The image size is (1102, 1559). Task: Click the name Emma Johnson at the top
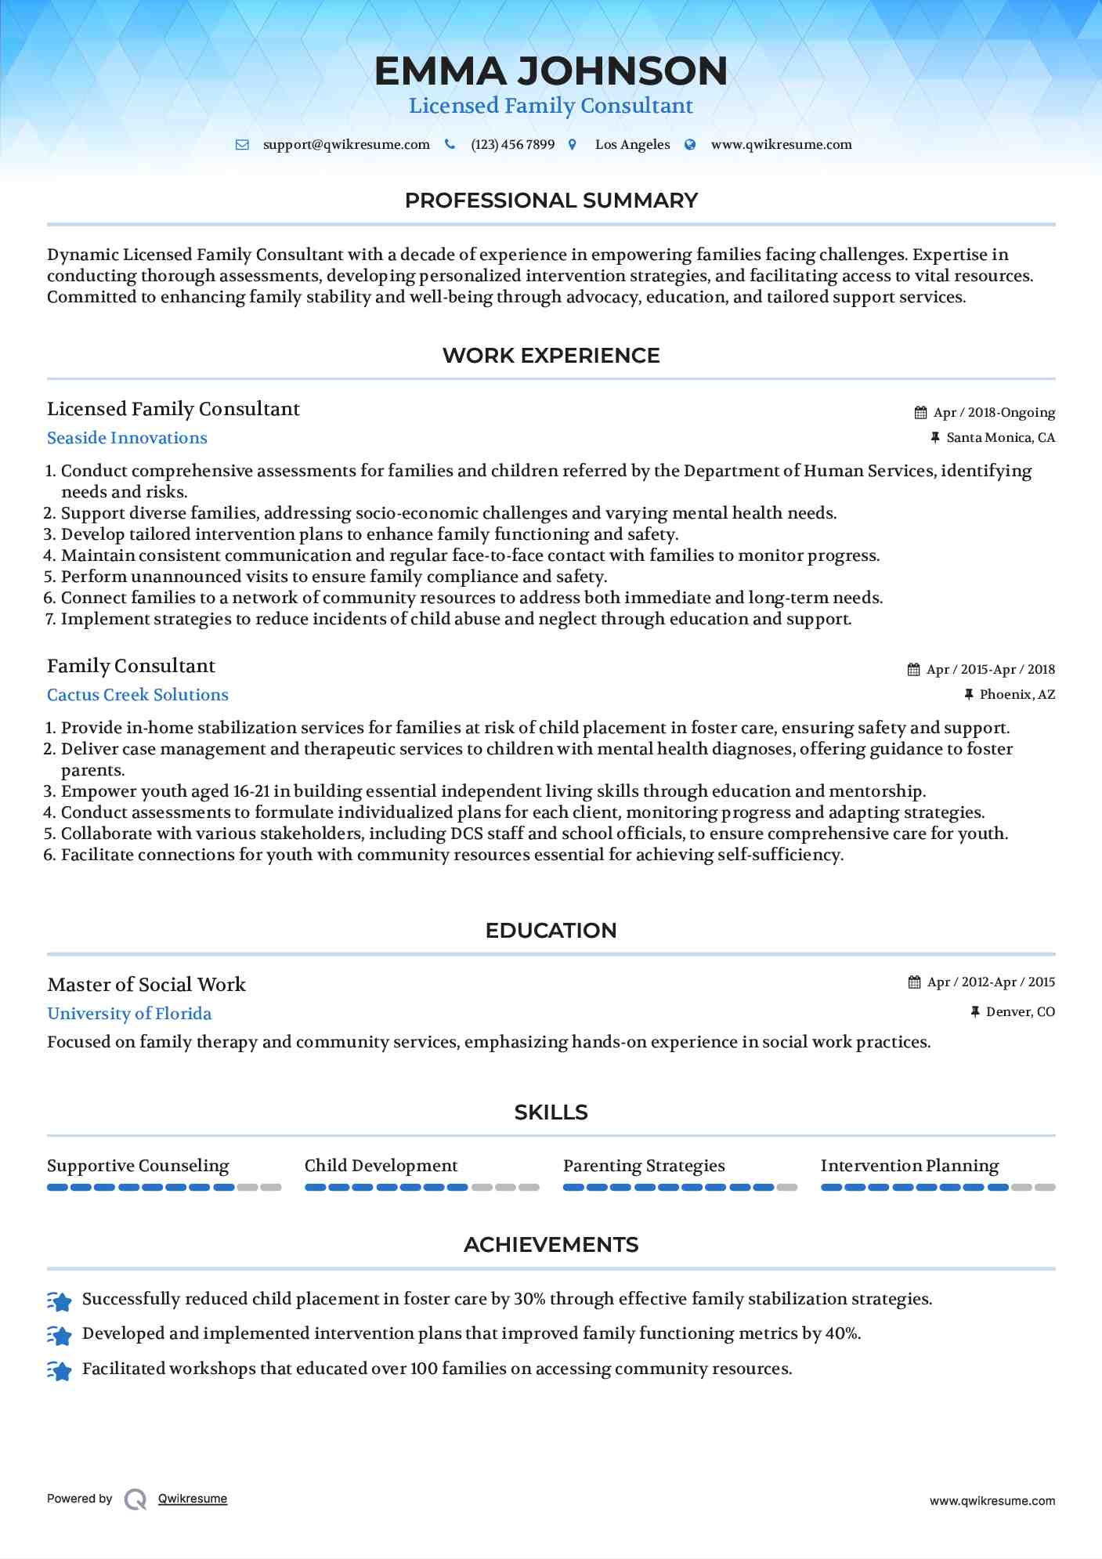point(551,71)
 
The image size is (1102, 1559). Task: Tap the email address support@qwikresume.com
point(346,145)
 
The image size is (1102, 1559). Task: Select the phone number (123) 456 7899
point(512,145)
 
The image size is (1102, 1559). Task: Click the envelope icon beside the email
point(243,145)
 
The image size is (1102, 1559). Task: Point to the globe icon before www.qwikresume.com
point(690,145)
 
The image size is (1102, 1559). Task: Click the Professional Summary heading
point(551,201)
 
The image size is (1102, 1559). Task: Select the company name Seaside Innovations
point(127,438)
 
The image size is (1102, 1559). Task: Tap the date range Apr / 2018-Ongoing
point(994,413)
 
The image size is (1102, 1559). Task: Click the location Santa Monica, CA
point(1000,438)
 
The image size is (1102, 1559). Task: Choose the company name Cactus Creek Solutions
point(138,695)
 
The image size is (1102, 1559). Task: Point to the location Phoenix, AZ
point(1017,695)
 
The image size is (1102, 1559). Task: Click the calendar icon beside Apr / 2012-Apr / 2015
point(914,982)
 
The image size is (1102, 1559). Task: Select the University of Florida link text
point(129,1014)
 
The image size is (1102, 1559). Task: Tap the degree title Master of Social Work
point(146,985)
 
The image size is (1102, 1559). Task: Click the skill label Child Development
point(381,1166)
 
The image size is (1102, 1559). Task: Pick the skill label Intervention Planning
point(909,1166)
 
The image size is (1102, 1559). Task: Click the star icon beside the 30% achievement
point(60,1301)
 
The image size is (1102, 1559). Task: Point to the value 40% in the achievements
point(843,1333)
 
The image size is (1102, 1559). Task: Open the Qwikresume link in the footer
point(193,1499)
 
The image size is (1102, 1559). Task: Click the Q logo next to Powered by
point(135,1499)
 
